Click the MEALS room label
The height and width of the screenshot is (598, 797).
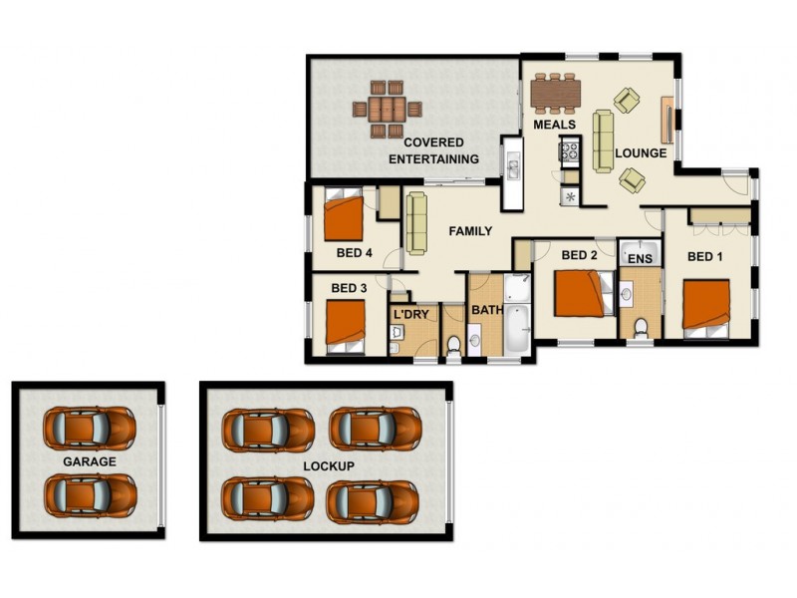(555, 126)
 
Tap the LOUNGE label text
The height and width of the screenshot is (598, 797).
(640, 153)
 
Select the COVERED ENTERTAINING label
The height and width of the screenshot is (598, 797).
(433, 150)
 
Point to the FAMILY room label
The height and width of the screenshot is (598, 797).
(470, 231)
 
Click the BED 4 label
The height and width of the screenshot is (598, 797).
(354, 253)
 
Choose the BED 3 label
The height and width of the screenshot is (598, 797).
(349, 289)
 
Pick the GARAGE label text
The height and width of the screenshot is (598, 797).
(90, 461)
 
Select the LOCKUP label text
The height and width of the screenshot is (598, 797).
(330, 465)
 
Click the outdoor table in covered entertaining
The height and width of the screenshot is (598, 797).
(385, 108)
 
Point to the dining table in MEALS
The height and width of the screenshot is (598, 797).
(555, 93)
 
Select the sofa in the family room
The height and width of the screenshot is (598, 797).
(415, 222)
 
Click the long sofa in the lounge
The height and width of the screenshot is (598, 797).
(604, 141)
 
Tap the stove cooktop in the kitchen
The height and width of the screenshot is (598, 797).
(570, 152)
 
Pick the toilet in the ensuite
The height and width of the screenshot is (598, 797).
(639, 326)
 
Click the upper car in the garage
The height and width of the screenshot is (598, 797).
(90, 427)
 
